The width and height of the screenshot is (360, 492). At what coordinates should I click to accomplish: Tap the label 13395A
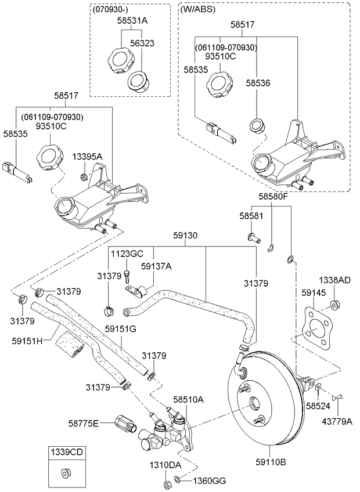point(87,157)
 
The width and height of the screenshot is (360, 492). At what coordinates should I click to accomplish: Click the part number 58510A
point(188,400)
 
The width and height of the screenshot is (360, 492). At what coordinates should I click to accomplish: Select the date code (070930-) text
point(110,9)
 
